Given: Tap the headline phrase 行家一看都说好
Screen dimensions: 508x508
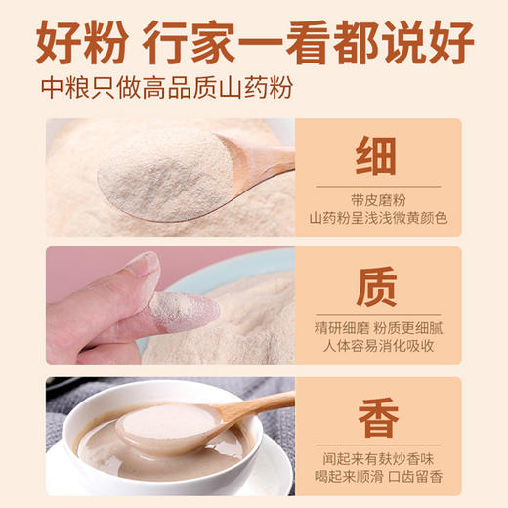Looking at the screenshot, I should (x=308, y=42).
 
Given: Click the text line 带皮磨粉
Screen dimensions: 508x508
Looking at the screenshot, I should (x=376, y=197).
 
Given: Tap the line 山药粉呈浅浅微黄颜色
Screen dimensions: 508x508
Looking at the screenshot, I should (x=376, y=217).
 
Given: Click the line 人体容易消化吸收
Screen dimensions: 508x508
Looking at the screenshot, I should (x=376, y=347).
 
